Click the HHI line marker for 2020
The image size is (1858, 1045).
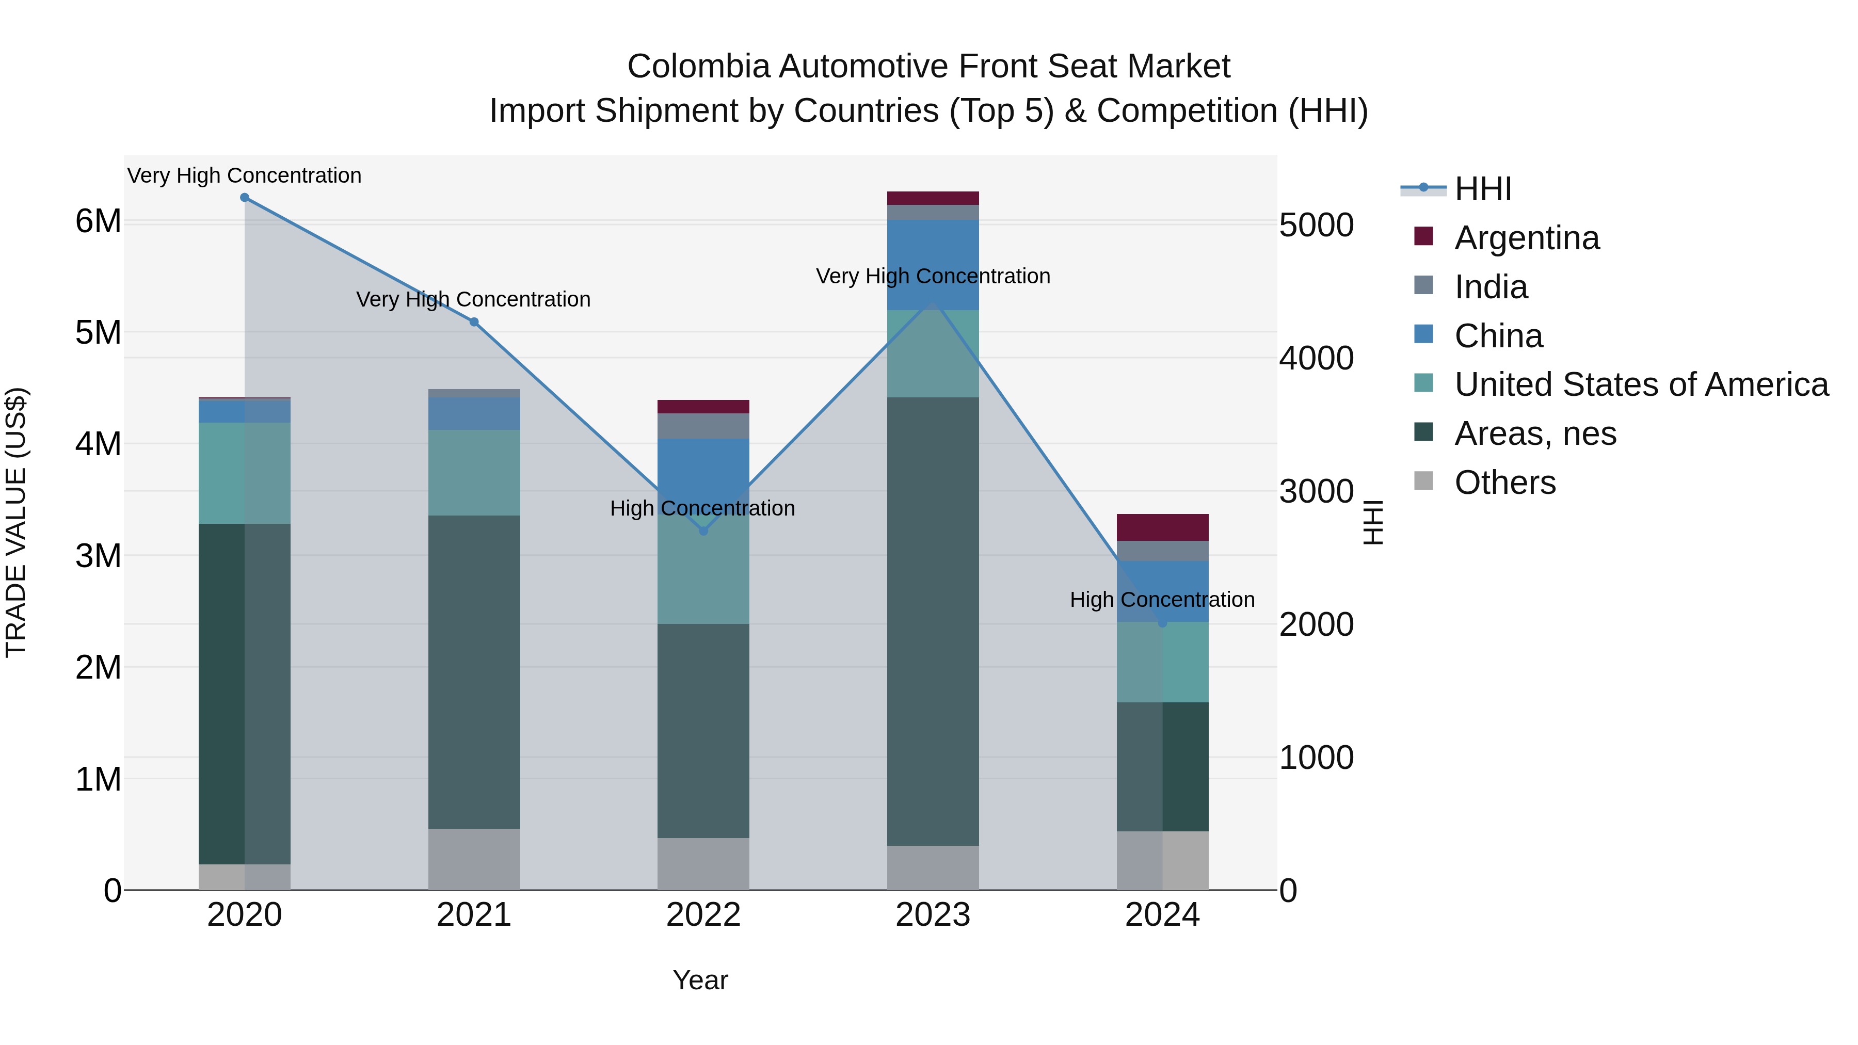point(245,198)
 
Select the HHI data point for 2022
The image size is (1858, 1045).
point(704,532)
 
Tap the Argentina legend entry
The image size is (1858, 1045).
point(1526,238)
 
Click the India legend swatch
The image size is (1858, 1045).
point(1423,285)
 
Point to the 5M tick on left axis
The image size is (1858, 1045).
point(98,332)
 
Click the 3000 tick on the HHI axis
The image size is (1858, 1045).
point(1316,492)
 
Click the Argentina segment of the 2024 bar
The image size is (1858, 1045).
point(1162,527)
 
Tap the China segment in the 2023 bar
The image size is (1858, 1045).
point(933,265)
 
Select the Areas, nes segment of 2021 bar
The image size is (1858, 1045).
point(474,671)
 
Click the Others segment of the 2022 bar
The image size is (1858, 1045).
point(703,863)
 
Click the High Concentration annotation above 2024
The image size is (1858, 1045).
point(1162,599)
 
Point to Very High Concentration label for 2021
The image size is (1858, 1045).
point(473,299)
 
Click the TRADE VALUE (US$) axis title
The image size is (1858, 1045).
point(17,522)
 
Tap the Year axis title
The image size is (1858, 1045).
point(700,980)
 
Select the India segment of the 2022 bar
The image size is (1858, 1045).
point(703,426)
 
